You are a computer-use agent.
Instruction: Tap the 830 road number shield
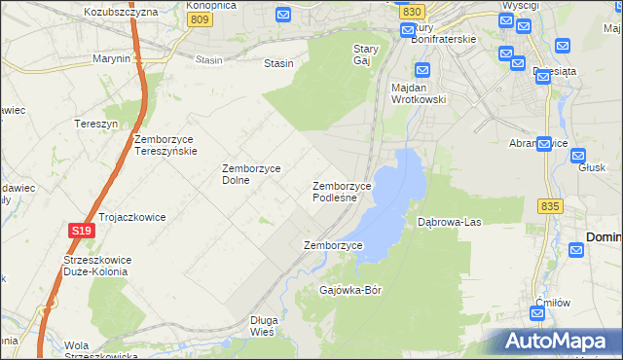411,10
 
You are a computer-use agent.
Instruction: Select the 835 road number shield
550,206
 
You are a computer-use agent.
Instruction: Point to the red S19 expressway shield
81,231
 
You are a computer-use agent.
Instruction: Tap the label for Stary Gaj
365,54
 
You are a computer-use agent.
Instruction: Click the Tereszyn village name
95,124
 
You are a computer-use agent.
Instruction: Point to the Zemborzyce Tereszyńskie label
166,145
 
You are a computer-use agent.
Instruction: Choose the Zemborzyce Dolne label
251,174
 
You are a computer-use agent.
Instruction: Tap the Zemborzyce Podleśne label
342,192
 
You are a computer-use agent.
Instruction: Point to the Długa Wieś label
264,326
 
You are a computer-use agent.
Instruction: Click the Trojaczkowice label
131,217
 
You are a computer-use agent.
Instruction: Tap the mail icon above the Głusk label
578,155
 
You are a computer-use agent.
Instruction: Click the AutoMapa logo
560,341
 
